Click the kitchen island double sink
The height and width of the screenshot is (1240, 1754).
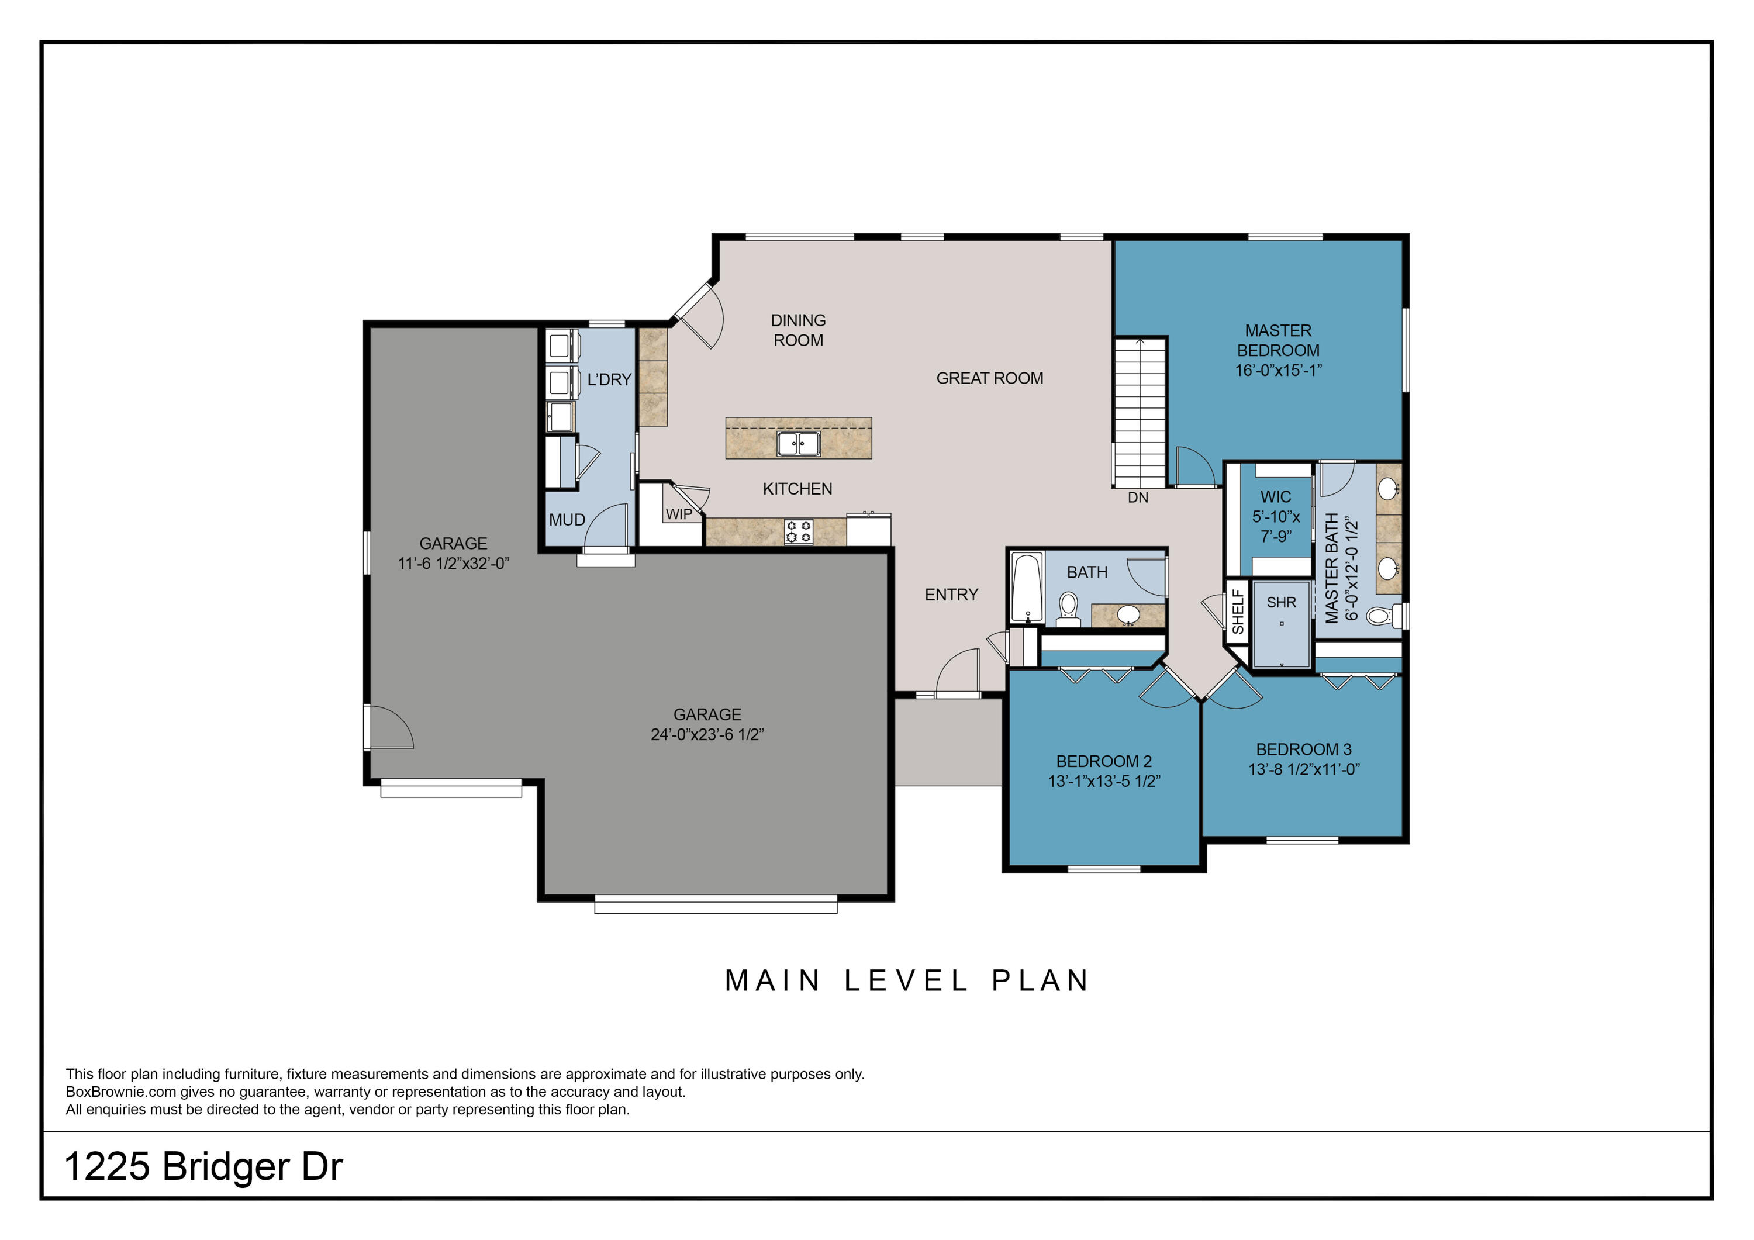click(x=798, y=443)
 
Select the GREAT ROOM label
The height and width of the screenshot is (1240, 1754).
click(x=989, y=378)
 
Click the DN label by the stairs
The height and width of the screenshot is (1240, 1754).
click(x=1138, y=498)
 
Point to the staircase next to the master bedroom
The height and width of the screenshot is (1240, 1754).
click(x=1139, y=413)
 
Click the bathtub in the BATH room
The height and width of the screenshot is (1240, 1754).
click(x=1026, y=588)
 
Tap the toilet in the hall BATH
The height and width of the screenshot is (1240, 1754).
click(x=1068, y=610)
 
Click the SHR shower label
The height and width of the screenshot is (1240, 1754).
click(x=1281, y=602)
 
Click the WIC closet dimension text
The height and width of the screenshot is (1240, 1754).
click(x=1276, y=526)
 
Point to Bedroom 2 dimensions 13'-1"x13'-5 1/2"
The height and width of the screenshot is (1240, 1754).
click(x=1104, y=781)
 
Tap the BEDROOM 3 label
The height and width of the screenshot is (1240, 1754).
click(x=1303, y=749)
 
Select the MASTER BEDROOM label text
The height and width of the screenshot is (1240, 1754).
click(x=1278, y=341)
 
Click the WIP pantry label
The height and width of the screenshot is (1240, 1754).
click(x=678, y=514)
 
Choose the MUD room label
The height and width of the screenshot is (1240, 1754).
click(x=567, y=520)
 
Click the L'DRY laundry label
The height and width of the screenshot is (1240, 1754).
click(x=609, y=379)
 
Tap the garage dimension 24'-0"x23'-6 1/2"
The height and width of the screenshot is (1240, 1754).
click(x=707, y=734)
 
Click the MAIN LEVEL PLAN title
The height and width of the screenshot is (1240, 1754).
click(x=907, y=980)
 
